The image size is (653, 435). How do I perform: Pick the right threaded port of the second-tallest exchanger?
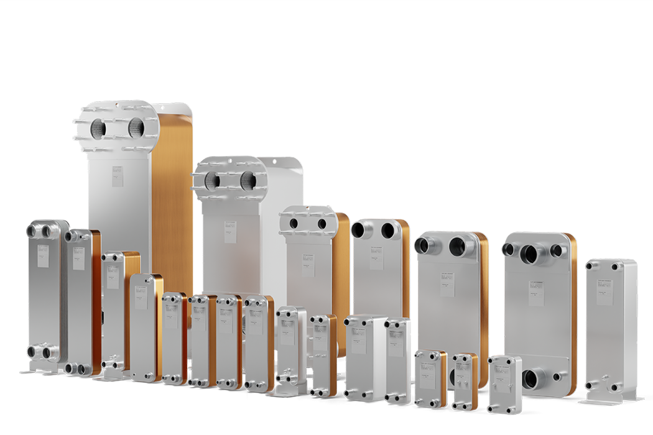[x=248, y=180]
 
